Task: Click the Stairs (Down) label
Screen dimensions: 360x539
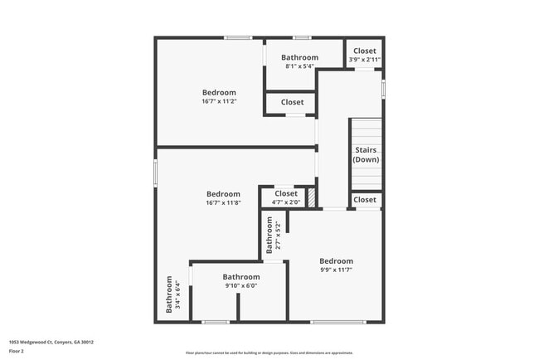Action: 366,154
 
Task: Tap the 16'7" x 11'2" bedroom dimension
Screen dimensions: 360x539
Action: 219,101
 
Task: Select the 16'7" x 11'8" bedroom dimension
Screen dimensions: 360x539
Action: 223,202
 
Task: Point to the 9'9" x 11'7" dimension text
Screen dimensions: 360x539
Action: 336,270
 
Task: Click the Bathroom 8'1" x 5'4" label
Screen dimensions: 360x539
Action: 299,57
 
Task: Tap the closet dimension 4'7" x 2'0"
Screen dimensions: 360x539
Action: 285,202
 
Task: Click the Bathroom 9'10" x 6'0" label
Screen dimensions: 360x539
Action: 240,277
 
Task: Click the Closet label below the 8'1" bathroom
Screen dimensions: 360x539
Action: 292,102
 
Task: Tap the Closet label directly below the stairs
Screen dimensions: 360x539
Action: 365,200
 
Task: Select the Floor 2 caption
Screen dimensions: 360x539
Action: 17,351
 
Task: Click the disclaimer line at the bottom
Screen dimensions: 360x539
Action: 269,353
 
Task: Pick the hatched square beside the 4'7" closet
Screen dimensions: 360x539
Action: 312,197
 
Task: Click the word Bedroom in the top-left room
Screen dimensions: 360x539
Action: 219,92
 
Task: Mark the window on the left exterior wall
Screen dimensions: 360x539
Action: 156,173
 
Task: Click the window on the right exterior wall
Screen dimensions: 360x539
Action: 383,89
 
